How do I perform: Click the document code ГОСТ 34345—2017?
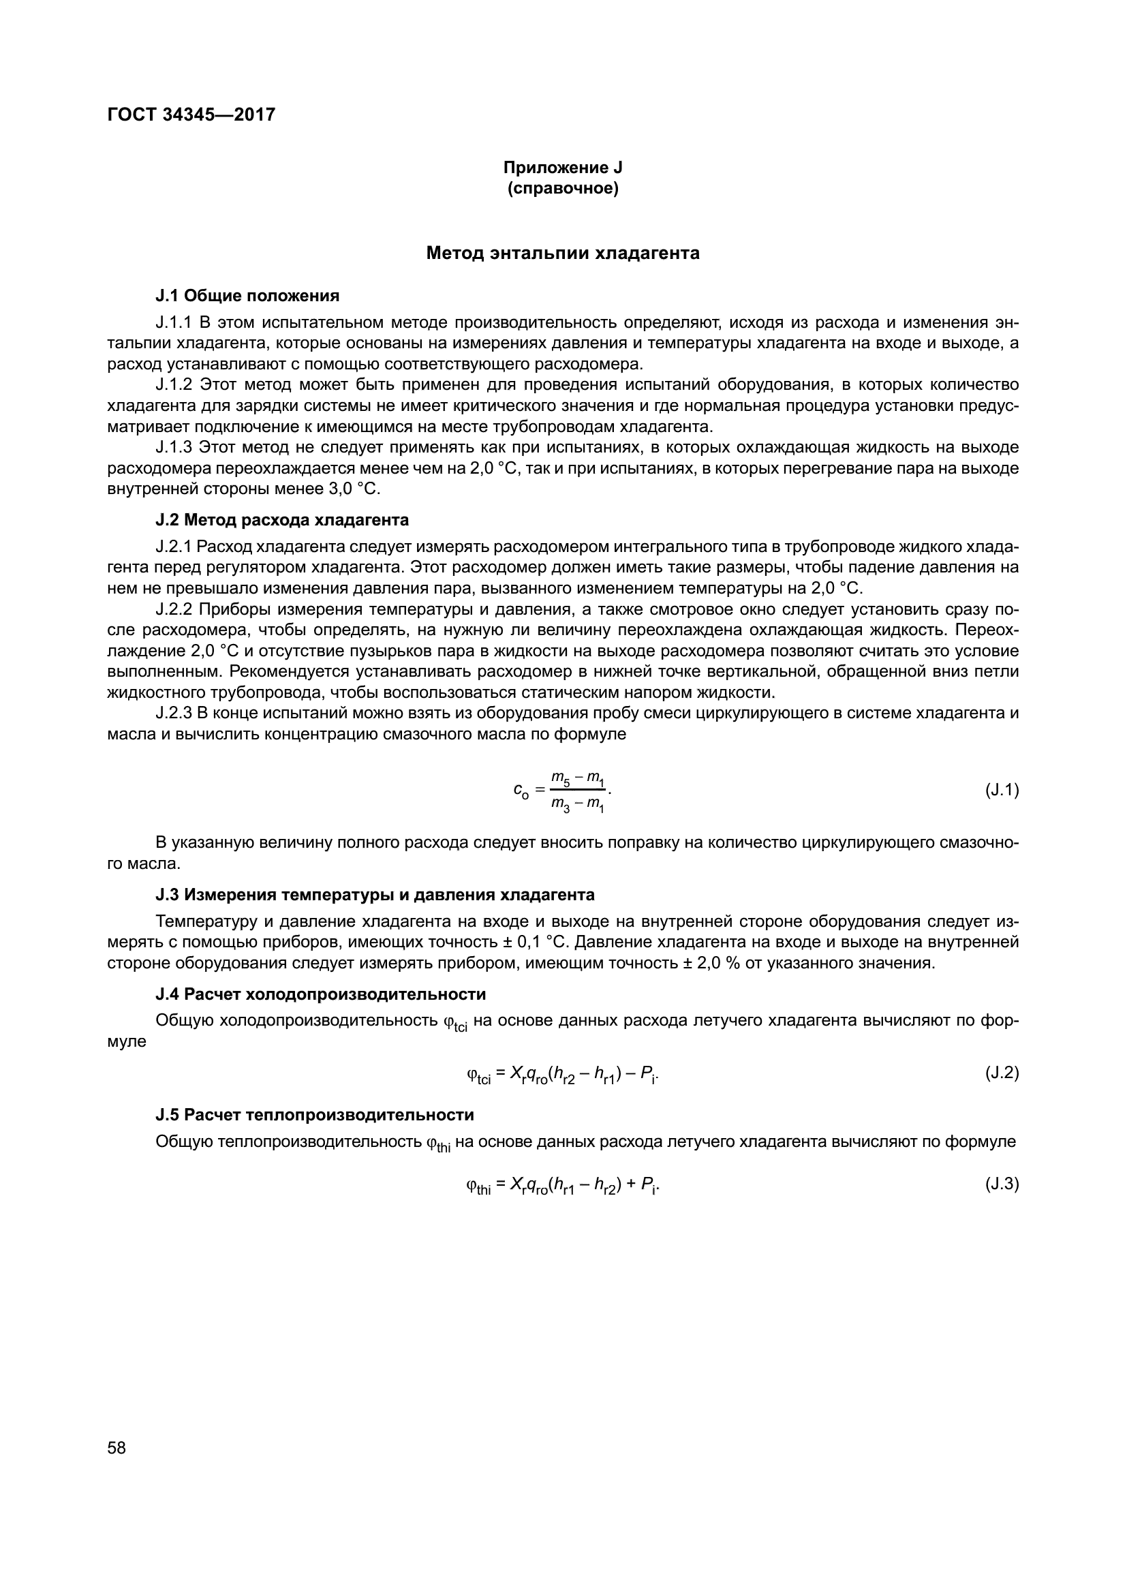pos(191,114)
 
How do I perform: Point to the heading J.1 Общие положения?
pos(247,296)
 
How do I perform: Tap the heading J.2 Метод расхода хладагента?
pos(282,520)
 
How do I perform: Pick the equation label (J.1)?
pos(1002,790)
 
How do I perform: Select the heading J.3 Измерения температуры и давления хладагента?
pos(375,895)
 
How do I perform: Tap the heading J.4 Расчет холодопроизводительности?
pos(320,994)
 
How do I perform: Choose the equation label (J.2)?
pos(1002,1073)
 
